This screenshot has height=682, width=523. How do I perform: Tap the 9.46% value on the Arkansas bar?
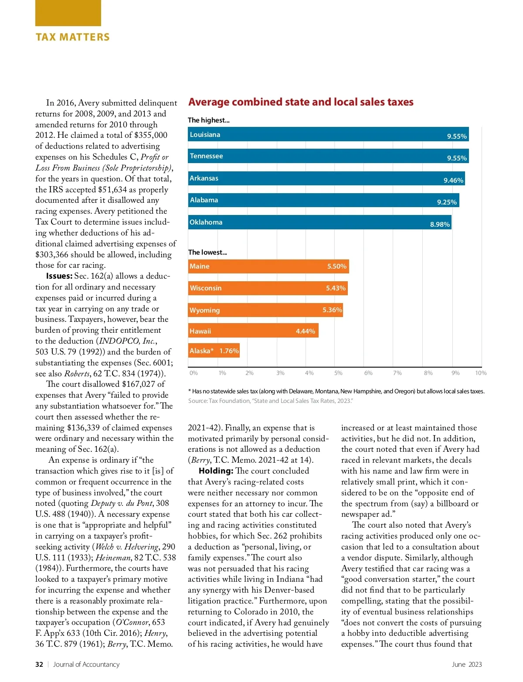[453, 181]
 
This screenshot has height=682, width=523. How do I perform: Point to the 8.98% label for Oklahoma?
[440, 224]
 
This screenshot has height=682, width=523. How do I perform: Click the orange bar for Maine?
[268, 266]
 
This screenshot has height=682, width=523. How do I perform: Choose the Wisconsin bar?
[268, 288]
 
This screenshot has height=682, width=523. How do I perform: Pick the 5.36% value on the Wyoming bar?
[332, 310]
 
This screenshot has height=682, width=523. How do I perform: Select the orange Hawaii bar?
[253, 331]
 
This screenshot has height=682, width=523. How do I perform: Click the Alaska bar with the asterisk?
[214, 351]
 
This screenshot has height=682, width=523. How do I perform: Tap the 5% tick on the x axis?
[338, 373]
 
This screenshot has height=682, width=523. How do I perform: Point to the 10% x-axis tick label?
[481, 373]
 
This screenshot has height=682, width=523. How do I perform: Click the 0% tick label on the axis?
[194, 373]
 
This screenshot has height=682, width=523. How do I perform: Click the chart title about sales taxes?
[301, 102]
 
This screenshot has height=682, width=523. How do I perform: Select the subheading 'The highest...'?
[208, 120]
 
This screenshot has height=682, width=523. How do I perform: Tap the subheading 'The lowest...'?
[207, 252]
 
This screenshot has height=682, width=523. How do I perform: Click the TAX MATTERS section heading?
[73, 37]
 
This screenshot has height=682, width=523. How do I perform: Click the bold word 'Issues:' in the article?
[59, 276]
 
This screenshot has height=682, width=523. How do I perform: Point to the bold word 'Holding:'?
[216, 471]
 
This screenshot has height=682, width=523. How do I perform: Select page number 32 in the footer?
[39, 665]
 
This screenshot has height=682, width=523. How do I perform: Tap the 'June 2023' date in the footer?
[467, 665]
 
